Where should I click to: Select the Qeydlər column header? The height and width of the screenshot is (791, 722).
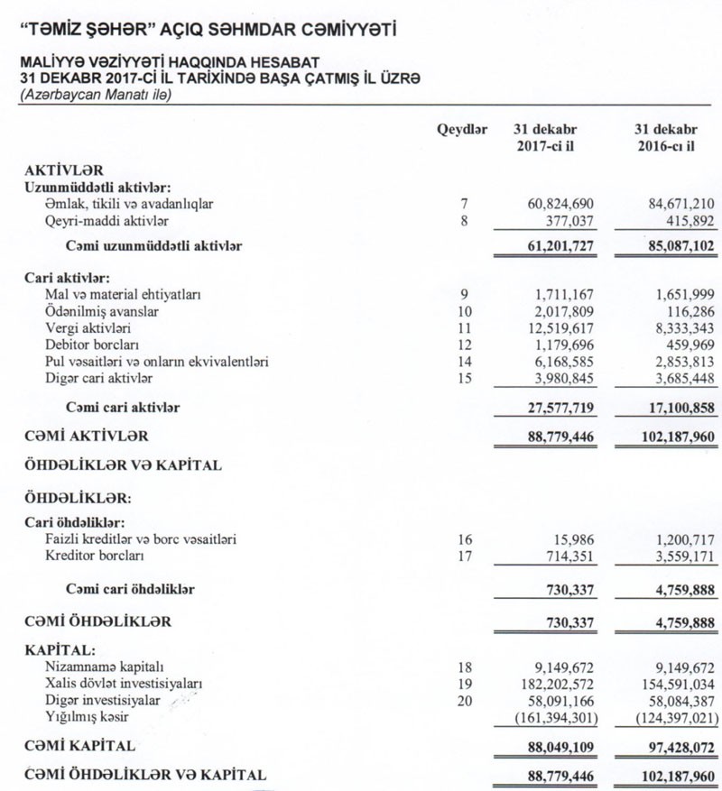462,129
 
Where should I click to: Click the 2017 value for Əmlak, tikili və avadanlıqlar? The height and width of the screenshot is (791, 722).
561,204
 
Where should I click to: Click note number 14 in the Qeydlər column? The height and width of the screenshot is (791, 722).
464,361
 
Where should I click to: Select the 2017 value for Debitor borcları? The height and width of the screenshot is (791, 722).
566,345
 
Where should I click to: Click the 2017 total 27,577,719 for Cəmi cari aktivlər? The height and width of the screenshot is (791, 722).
560,408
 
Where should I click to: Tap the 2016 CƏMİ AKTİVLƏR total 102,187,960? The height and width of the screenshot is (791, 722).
666,436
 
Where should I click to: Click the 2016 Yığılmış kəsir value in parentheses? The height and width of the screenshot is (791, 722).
666,716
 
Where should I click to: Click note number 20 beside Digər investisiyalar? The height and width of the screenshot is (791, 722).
464,700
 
